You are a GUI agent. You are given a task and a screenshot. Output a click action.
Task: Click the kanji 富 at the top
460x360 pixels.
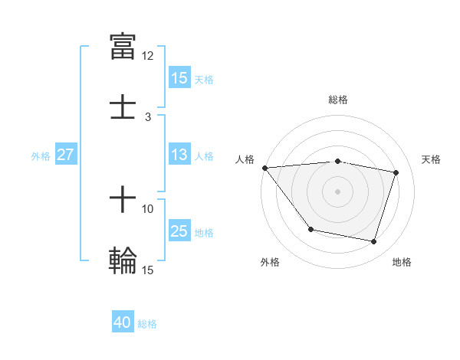click(x=123, y=45)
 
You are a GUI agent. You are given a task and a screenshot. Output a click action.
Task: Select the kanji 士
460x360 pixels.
click(x=123, y=106)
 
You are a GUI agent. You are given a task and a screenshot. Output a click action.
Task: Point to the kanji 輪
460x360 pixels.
click(x=123, y=259)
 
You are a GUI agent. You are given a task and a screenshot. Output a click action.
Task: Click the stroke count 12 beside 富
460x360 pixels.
click(x=148, y=56)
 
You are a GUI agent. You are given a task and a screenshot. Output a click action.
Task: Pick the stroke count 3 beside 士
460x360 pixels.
click(x=148, y=117)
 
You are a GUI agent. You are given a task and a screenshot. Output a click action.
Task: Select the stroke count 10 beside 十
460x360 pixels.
click(x=148, y=208)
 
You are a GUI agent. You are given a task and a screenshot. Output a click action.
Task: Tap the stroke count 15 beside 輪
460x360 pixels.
click(x=148, y=270)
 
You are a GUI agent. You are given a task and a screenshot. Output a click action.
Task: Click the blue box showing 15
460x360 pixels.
click(x=179, y=78)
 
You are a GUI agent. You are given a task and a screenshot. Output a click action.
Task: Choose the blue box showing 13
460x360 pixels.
click(x=179, y=155)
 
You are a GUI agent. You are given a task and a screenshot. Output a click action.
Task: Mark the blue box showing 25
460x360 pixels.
click(x=179, y=231)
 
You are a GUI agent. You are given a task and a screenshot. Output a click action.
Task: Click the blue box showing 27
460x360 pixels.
click(x=66, y=155)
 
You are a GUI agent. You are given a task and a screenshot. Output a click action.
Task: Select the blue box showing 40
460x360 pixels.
click(x=123, y=323)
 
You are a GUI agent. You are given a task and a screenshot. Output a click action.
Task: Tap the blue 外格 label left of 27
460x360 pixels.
click(x=41, y=155)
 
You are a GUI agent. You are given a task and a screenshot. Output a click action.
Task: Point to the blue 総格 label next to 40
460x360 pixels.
click(x=147, y=324)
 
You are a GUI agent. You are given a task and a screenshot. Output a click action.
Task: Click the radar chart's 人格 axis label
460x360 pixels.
click(x=245, y=159)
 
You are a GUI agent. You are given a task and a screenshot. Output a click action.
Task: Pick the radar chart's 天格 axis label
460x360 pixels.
click(x=431, y=159)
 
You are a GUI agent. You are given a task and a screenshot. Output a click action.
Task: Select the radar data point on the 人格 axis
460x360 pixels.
click(x=264, y=168)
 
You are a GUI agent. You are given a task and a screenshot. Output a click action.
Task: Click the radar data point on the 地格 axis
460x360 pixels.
click(x=373, y=242)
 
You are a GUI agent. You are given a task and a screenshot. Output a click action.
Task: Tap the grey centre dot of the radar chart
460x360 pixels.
click(x=337, y=191)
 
